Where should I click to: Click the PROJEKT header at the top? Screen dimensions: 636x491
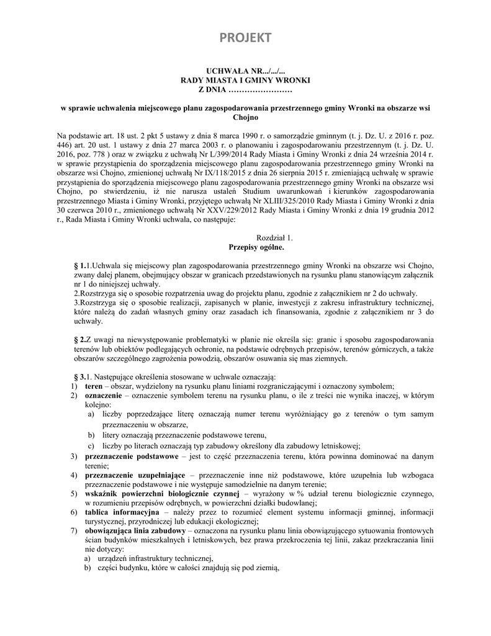[x=245, y=38]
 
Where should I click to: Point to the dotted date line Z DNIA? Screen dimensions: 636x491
[x=245, y=91]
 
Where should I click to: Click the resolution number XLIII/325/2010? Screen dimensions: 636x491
[x=316, y=201]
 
